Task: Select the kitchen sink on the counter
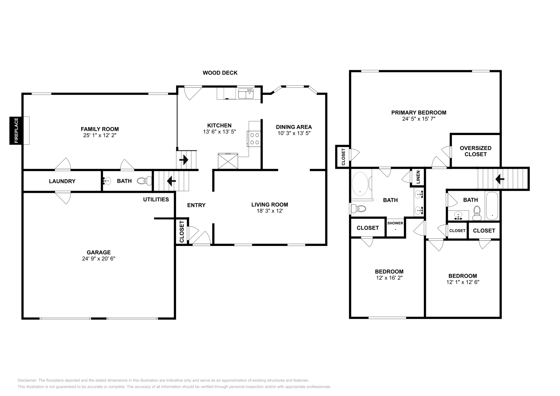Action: pyautogui.click(x=246, y=94)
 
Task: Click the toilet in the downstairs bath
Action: pyautogui.click(x=144, y=181)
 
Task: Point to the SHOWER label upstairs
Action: pyautogui.click(x=395, y=223)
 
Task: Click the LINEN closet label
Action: pyautogui.click(x=418, y=177)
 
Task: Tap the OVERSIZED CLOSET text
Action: pyautogui.click(x=475, y=151)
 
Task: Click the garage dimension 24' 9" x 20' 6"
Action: pyautogui.click(x=99, y=259)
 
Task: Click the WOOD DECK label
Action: pyautogui.click(x=220, y=73)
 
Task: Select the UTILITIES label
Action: pyautogui.click(x=156, y=199)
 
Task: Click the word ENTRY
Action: pyautogui.click(x=196, y=205)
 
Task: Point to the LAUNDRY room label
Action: pyautogui.click(x=62, y=181)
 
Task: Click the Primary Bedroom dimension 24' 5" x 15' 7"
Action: pyautogui.click(x=419, y=119)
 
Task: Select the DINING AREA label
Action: pyautogui.click(x=294, y=127)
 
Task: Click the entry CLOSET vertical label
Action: pyautogui.click(x=182, y=232)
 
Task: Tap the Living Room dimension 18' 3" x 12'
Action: pyautogui.click(x=269, y=211)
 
